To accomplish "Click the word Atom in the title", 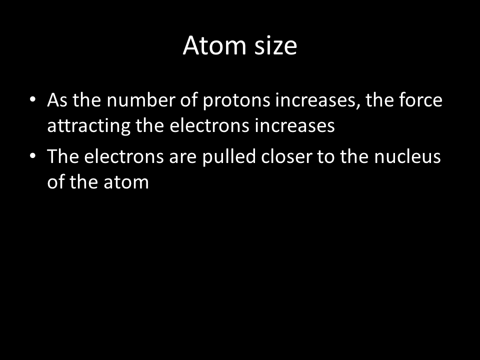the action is pyautogui.click(x=214, y=45).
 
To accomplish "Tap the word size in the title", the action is pyautogui.click(x=276, y=45).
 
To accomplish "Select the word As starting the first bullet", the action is pyautogui.click(x=57, y=100).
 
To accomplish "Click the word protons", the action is pyautogui.click(x=236, y=101).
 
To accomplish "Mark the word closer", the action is pyautogui.click(x=286, y=156).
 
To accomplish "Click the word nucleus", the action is pyautogui.click(x=407, y=156).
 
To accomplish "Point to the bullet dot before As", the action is pyautogui.click(x=33, y=99).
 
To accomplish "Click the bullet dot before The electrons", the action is pyautogui.click(x=33, y=155).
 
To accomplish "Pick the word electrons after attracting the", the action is pyautogui.click(x=209, y=125).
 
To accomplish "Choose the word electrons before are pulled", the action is pyautogui.click(x=124, y=156).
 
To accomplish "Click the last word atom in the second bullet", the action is pyautogui.click(x=126, y=182).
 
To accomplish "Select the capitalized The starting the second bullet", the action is pyautogui.click(x=63, y=156).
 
